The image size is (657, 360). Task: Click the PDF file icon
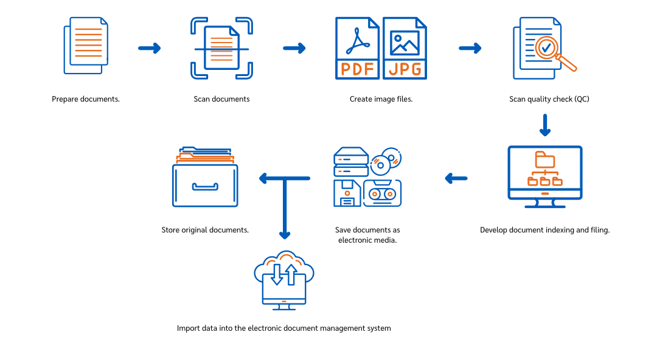point(357,48)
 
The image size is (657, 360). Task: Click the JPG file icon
point(405,48)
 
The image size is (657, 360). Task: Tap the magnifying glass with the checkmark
point(547,48)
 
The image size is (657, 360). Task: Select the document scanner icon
point(221,48)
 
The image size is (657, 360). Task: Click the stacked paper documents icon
point(86,46)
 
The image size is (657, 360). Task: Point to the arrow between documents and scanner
point(150,48)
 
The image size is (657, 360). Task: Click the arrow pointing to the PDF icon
point(294,48)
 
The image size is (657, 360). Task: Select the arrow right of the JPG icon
point(470,48)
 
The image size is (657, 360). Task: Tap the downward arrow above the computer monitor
point(545,125)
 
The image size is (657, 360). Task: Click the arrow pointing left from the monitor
point(456,178)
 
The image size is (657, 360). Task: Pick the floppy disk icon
point(347,193)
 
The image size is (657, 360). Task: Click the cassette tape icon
point(383,193)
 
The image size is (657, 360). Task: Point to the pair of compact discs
point(386,161)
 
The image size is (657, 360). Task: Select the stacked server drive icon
point(351,162)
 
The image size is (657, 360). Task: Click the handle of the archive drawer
point(205,187)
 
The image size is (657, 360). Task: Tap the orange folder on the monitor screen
point(545,161)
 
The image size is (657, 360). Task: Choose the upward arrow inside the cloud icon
point(291,274)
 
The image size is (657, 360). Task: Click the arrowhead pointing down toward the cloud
point(285,235)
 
